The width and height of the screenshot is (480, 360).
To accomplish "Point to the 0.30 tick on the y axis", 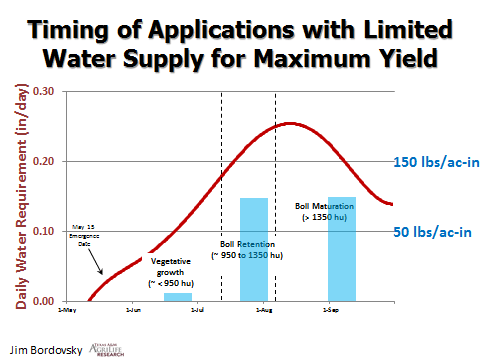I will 45,91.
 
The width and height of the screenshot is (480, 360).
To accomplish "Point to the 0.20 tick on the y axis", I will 45,161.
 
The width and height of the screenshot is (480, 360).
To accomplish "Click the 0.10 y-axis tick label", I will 45,231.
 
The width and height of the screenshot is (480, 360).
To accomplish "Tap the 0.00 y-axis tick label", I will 45,301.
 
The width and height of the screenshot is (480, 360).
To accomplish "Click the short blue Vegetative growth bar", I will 177,297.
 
